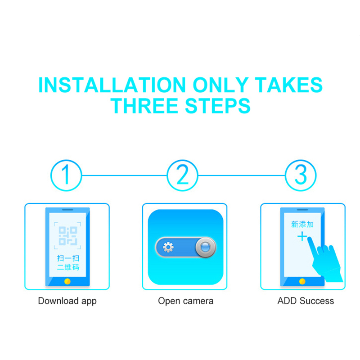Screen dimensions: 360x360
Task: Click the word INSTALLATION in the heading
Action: (112, 85)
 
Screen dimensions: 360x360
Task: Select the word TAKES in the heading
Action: (289, 85)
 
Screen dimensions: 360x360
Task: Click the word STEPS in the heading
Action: (217, 106)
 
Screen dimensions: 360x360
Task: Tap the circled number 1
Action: (66, 175)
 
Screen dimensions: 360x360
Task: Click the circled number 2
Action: (182, 175)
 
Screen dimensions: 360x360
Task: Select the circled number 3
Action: (301, 175)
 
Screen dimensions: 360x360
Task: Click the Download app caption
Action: (67, 301)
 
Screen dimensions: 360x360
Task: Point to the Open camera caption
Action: (185, 301)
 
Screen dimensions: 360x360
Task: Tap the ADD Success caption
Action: (306, 301)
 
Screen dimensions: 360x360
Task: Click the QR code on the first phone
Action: (68, 236)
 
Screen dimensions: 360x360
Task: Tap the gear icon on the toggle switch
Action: (168, 247)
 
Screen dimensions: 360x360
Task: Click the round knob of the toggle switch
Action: (205, 247)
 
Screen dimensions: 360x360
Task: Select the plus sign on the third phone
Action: (302, 237)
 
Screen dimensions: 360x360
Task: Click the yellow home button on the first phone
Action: (67, 281)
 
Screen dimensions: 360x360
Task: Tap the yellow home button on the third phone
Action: (302, 281)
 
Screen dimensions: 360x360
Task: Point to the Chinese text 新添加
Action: (302, 224)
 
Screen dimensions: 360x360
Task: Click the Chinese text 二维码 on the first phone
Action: (68, 267)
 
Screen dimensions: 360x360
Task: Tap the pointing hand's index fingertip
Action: (310, 238)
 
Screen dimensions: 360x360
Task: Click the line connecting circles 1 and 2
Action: (124, 175)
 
